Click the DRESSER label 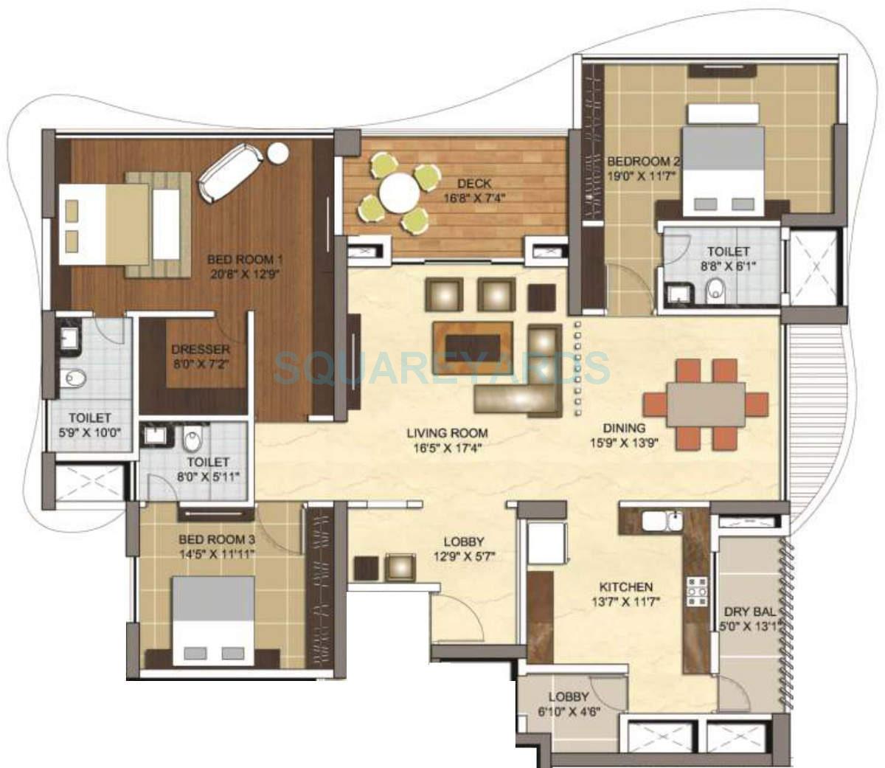(191, 349)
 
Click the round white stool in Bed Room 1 (278, 153)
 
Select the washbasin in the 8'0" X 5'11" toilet (156, 435)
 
